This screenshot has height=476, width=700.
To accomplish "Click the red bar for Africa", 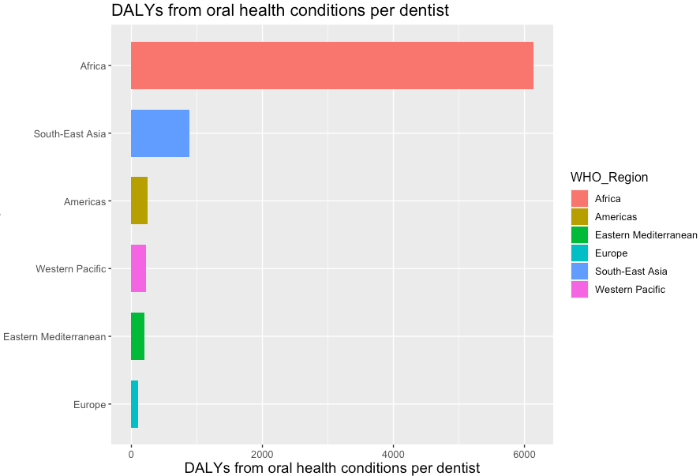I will click(x=331, y=66).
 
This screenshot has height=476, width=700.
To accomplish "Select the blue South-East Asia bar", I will click(x=160, y=133).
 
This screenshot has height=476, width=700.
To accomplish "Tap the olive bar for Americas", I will click(x=139, y=201).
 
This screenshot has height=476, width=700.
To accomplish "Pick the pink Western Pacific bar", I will click(x=138, y=269).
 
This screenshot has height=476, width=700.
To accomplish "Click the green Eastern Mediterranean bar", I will click(x=137, y=336).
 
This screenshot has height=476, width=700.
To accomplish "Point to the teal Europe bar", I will click(x=134, y=404).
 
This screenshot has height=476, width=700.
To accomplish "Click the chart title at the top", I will click(x=280, y=11).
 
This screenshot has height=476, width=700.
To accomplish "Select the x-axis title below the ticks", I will click(x=331, y=467).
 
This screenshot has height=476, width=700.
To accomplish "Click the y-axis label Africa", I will click(x=92, y=66).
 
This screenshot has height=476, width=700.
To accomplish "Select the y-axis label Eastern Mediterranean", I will click(x=54, y=337).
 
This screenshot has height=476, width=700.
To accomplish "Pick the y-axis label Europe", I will click(x=89, y=405).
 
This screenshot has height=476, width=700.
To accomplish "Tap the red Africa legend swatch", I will click(x=580, y=199).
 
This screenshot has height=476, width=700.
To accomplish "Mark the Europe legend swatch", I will click(x=580, y=253).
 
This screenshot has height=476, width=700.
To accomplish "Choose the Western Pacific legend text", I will click(x=630, y=290).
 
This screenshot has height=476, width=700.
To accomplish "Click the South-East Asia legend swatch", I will click(x=580, y=272).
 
